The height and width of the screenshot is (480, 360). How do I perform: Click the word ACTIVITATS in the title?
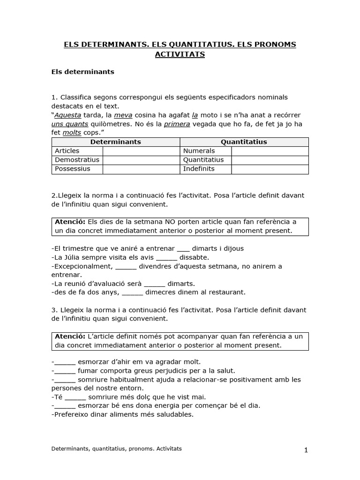180,55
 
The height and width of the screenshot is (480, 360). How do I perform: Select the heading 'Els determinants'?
82,72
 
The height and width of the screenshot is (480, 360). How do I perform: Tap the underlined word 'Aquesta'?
67,115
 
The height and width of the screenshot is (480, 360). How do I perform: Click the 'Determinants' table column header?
115,142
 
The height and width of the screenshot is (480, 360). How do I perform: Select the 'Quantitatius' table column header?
244,142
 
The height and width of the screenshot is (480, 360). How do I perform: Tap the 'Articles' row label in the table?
67,151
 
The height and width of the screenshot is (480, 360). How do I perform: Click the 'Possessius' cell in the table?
73,169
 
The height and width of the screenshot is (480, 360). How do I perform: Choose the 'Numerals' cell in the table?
199,151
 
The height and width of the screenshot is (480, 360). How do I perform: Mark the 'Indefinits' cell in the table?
199,169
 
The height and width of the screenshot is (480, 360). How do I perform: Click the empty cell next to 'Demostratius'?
141,160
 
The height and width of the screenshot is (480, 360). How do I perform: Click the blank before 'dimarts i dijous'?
184,248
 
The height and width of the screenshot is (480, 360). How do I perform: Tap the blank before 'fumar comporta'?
65,370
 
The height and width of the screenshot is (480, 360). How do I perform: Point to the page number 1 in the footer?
306,450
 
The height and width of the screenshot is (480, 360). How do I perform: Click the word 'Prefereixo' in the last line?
71,415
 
